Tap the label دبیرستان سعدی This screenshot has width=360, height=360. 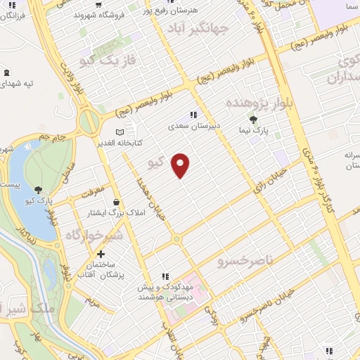coord(193,127)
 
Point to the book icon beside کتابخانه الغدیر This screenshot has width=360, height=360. coord(119,131)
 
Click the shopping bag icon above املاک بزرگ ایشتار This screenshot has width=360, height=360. coord(115,202)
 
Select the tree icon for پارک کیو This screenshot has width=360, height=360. coord(38,189)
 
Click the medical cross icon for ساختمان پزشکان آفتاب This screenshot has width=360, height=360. coord(101,253)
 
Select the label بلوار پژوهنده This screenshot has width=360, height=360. coord(258,103)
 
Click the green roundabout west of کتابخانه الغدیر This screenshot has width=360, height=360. coord(89,122)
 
